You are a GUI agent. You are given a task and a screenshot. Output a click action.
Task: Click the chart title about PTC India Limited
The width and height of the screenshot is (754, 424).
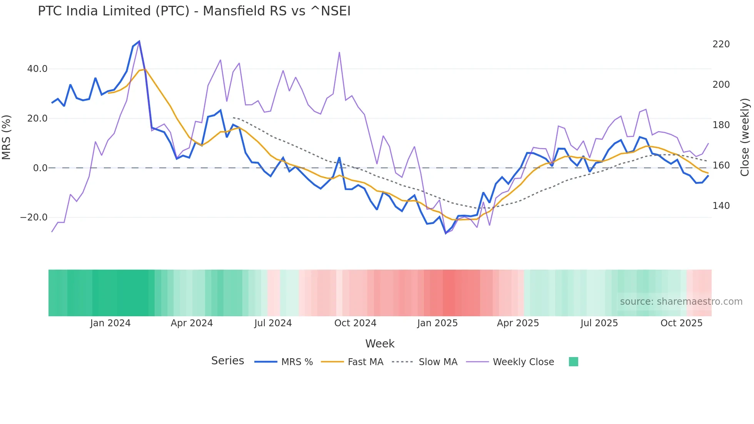click(194, 11)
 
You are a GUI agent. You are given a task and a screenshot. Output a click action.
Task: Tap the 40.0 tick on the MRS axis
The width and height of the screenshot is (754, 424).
click(37, 69)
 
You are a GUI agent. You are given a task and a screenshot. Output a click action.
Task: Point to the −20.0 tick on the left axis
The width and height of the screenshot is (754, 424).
click(34, 217)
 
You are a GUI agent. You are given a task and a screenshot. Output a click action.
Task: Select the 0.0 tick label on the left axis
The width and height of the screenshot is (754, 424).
click(40, 168)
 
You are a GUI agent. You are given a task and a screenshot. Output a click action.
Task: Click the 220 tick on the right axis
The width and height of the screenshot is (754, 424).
click(721, 44)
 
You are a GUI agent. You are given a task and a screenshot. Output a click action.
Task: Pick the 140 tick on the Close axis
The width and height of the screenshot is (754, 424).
click(721, 206)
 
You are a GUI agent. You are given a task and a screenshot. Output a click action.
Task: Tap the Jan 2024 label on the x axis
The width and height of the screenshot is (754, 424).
click(110, 323)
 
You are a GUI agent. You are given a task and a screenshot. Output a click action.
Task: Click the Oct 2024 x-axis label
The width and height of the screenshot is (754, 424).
click(355, 323)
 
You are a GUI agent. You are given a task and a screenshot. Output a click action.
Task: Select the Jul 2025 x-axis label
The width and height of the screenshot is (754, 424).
click(599, 323)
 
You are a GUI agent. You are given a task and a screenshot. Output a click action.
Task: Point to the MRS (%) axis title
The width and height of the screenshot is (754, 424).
click(7, 137)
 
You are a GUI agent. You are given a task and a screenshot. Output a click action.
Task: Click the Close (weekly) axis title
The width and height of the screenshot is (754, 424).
click(745, 137)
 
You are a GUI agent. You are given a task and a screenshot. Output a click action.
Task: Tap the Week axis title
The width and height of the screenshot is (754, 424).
click(380, 344)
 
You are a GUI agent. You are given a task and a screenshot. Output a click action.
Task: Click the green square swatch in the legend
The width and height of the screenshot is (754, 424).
click(573, 362)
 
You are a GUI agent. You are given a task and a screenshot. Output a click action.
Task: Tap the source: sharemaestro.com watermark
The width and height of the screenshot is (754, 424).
click(681, 302)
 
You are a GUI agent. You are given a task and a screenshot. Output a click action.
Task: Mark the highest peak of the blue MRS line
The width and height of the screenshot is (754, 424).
click(139, 41)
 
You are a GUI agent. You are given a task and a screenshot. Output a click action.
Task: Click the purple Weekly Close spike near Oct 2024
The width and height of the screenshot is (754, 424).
click(339, 52)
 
